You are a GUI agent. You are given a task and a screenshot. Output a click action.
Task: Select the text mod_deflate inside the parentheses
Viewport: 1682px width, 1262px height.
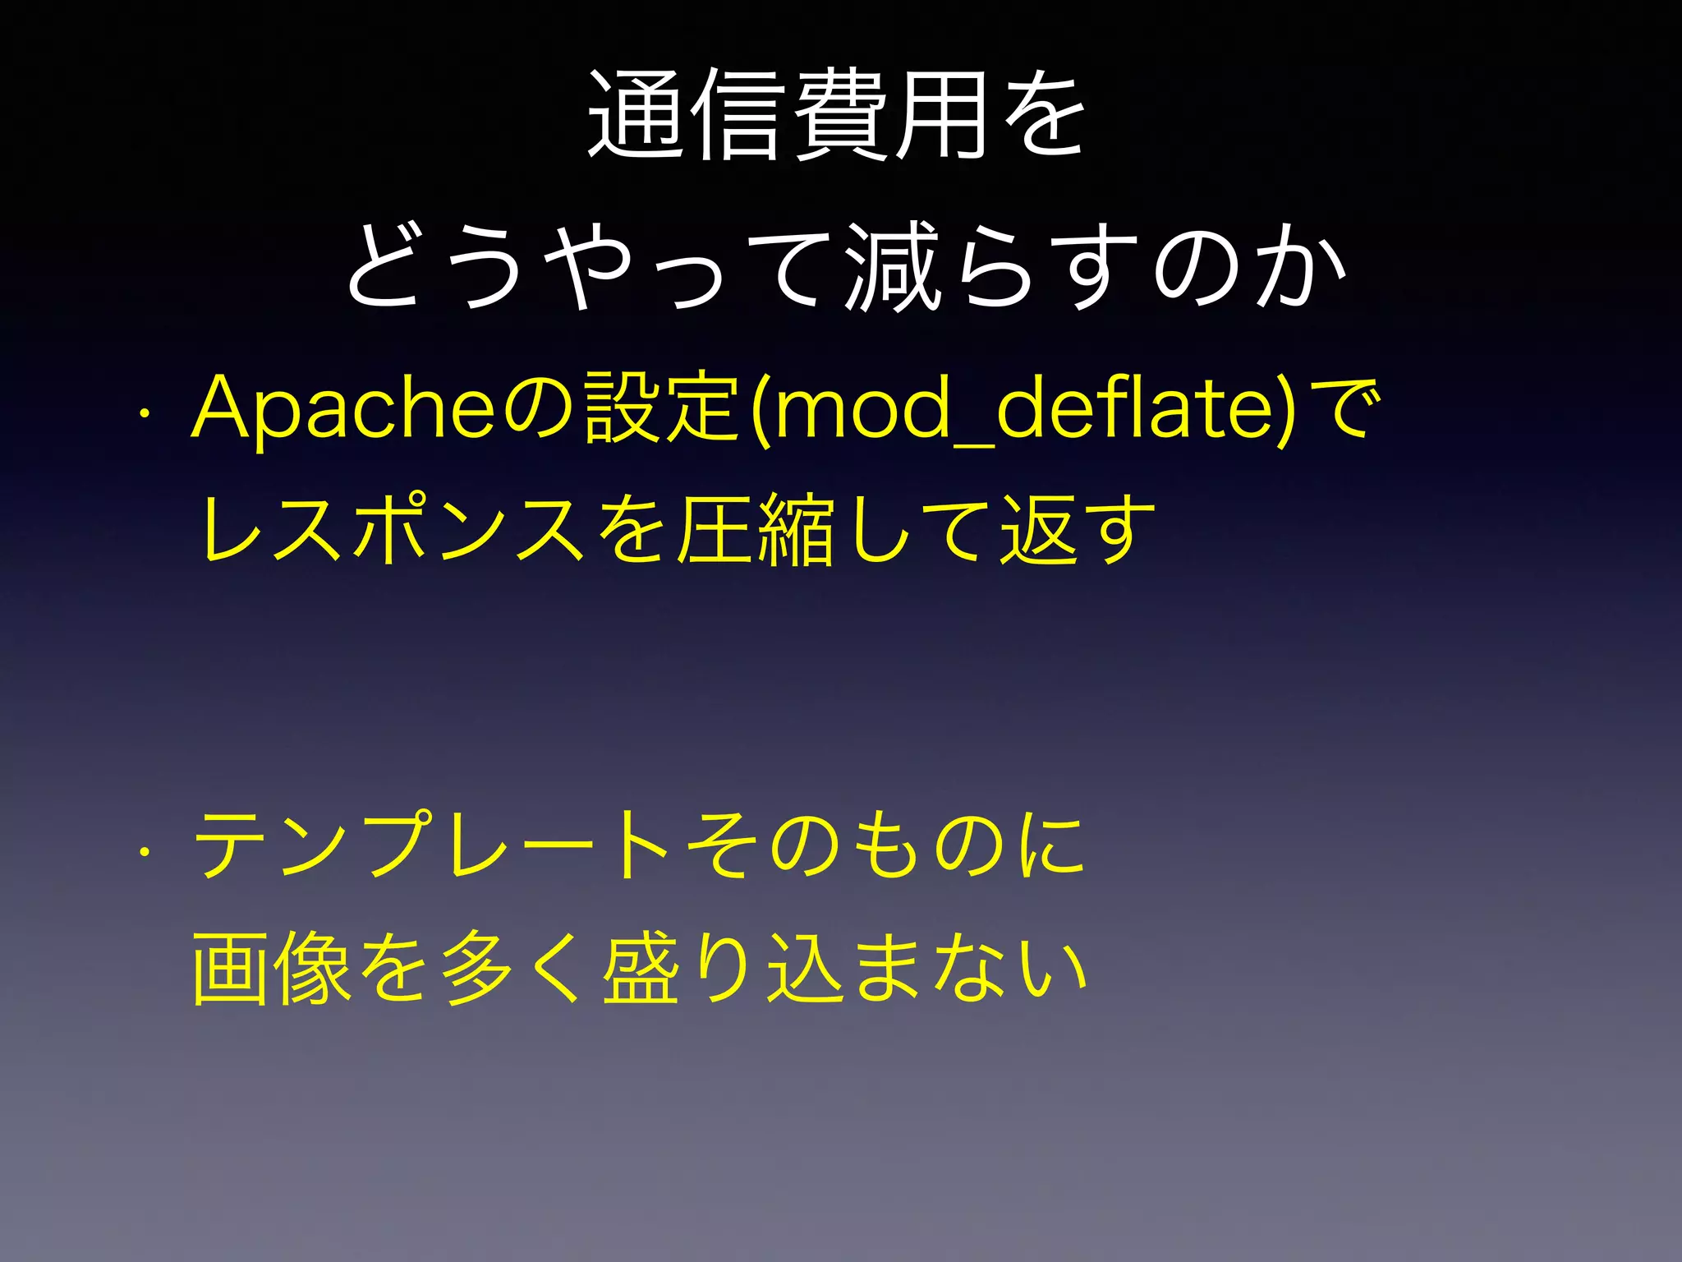pyautogui.click(x=1023, y=408)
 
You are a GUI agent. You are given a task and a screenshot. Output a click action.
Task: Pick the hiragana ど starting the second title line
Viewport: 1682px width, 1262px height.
pyautogui.click(x=390, y=268)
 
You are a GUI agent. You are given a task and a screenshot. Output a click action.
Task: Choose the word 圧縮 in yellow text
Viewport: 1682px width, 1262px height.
pyautogui.click(x=755, y=531)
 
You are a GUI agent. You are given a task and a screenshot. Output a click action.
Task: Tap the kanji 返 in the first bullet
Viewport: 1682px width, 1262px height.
pyautogui.click(x=1038, y=531)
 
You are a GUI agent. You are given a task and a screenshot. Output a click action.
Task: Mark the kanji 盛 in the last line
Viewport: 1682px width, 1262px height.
pyautogui.click(x=640, y=969)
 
